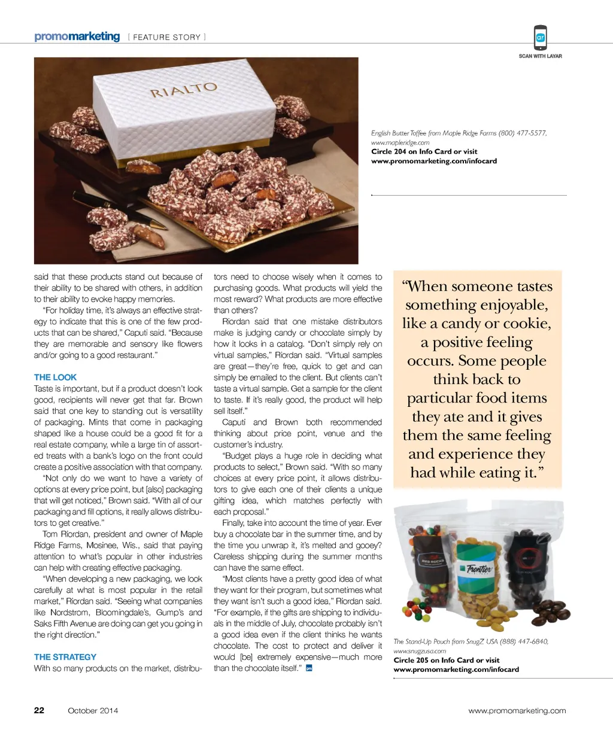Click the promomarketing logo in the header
tap(77, 36)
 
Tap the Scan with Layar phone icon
tap(540, 38)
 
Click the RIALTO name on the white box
tap(183, 90)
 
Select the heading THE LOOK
tap(55, 378)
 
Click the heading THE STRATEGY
tap(65, 657)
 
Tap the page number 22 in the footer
tap(39, 710)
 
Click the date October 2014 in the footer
tap(93, 711)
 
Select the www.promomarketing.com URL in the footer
tap(517, 711)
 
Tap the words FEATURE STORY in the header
tap(166, 37)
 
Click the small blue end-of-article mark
tap(309, 668)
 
